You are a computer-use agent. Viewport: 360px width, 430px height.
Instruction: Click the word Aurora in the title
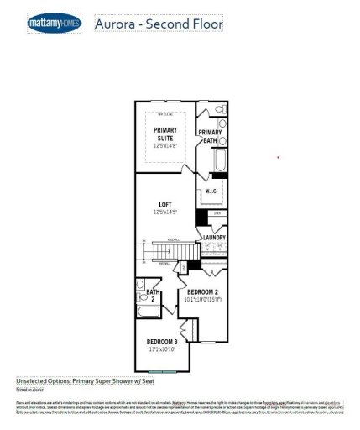pos(118,24)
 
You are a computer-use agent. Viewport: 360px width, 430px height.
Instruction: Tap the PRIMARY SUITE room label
pos(164,134)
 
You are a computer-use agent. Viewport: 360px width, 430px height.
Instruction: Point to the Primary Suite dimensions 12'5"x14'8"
pos(164,145)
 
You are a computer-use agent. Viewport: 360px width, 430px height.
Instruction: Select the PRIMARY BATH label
pos(210,136)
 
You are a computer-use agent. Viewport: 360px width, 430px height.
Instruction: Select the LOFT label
pos(164,204)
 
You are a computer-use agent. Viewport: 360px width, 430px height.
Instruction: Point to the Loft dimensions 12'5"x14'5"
pos(164,212)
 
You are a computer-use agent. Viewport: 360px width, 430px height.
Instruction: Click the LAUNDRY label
pos(214,238)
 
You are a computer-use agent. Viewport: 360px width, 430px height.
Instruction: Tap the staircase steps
pos(159,250)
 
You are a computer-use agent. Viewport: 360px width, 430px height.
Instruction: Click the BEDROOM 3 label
pos(162,342)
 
